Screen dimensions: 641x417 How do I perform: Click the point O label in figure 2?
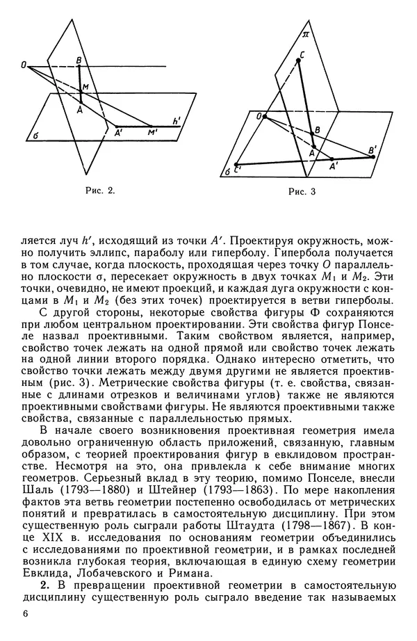tap(24, 65)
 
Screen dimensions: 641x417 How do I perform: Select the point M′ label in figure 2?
tap(152, 131)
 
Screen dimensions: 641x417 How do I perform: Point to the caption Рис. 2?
tap(99, 190)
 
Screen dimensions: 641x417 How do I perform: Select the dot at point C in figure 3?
tap(299, 61)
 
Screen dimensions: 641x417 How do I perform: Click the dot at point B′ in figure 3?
tap(373, 156)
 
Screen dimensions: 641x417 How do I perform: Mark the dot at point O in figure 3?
tap(265, 116)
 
